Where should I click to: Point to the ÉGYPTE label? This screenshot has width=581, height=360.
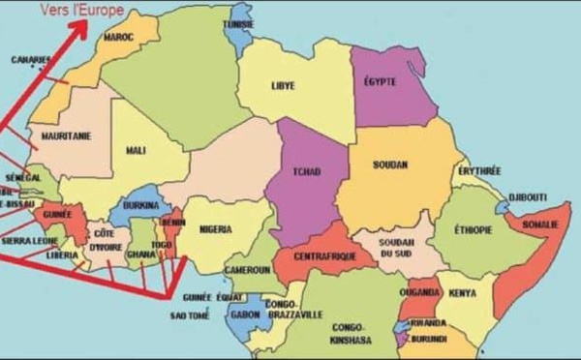pyautogui.click(x=382, y=81)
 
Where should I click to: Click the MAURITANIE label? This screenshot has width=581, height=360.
pyautogui.click(x=67, y=136)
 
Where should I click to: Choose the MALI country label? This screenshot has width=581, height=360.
pyautogui.click(x=136, y=150)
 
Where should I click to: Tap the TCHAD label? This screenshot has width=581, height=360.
pyautogui.click(x=307, y=171)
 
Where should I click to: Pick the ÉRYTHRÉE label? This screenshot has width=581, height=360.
pyautogui.click(x=479, y=171)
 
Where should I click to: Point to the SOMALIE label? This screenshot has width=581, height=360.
pyautogui.click(x=540, y=225)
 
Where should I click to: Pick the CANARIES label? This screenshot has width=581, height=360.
pyautogui.click(x=31, y=59)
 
